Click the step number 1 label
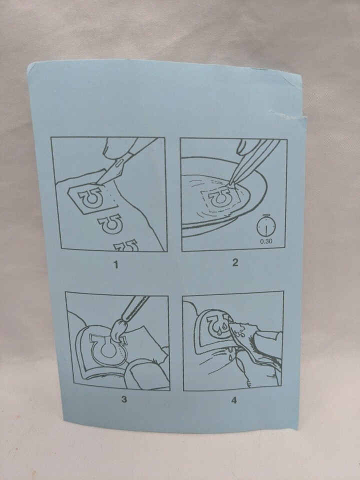115,264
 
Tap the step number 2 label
235,262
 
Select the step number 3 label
124,399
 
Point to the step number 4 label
234,400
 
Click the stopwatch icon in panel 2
266,226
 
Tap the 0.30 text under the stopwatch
266,241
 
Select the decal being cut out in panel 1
92,199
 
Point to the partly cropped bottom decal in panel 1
125,245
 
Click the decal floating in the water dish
220,198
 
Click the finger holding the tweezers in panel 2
246,147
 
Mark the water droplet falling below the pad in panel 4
230,356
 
